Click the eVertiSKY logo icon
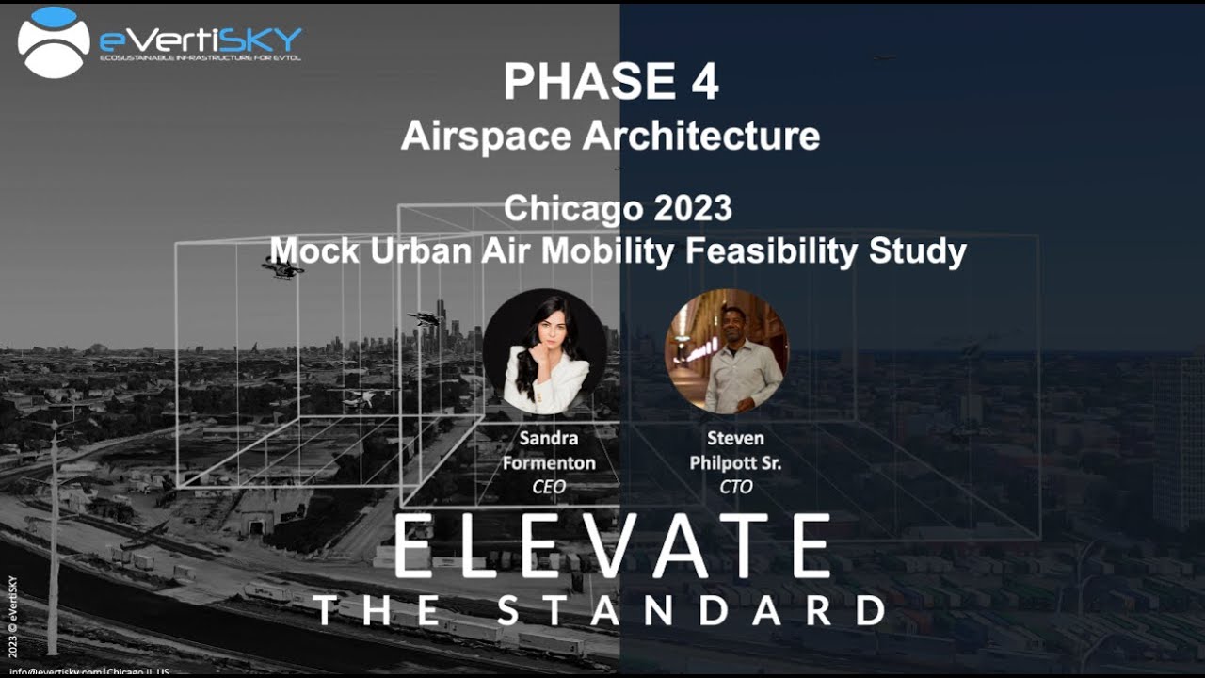(54, 41)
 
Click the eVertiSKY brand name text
(201, 40)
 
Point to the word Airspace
(485, 136)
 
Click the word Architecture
(701, 136)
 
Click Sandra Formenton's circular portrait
(544, 351)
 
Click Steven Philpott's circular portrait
(726, 351)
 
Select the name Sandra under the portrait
(548, 440)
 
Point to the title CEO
(548, 486)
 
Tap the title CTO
(734, 486)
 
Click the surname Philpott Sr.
(734, 462)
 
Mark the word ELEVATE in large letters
(610, 547)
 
